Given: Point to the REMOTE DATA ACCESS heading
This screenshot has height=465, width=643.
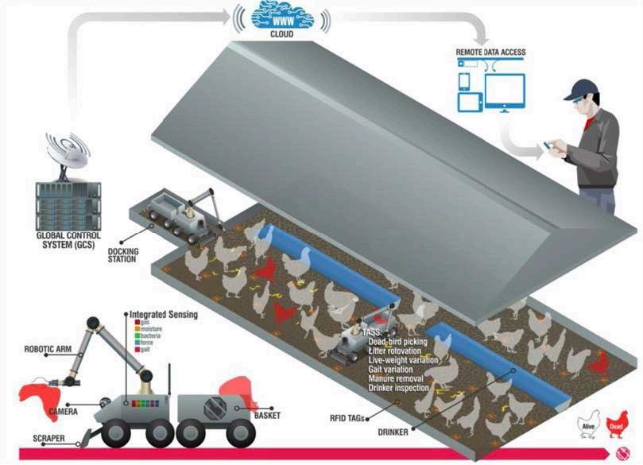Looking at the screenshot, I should coord(490,52).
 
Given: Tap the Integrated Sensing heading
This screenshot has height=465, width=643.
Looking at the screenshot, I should coord(164,315).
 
